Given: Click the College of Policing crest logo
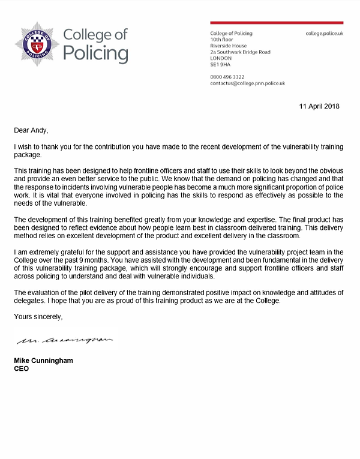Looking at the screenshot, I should pyautogui.click(x=37, y=44).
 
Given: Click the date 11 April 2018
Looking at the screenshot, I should pyautogui.click(x=319, y=106).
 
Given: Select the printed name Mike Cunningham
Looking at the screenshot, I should pyautogui.click(x=44, y=361).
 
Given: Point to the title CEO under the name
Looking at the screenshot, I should pyautogui.click(x=21, y=368).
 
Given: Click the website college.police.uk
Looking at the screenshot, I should pyautogui.click(x=324, y=33).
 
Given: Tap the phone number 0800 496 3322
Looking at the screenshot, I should pyautogui.click(x=227, y=77).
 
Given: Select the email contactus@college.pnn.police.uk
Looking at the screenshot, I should pyautogui.click(x=247, y=83).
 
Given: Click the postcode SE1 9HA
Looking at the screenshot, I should pyautogui.click(x=220, y=65).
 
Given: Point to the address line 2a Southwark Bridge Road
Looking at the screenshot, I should pyautogui.click(x=240, y=52).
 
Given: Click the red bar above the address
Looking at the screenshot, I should pyautogui.click(x=277, y=23).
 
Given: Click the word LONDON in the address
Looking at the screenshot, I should pyautogui.click(x=221, y=58).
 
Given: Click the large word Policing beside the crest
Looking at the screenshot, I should pyautogui.click(x=96, y=53).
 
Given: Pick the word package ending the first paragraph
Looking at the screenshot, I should pyautogui.click(x=28, y=154).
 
